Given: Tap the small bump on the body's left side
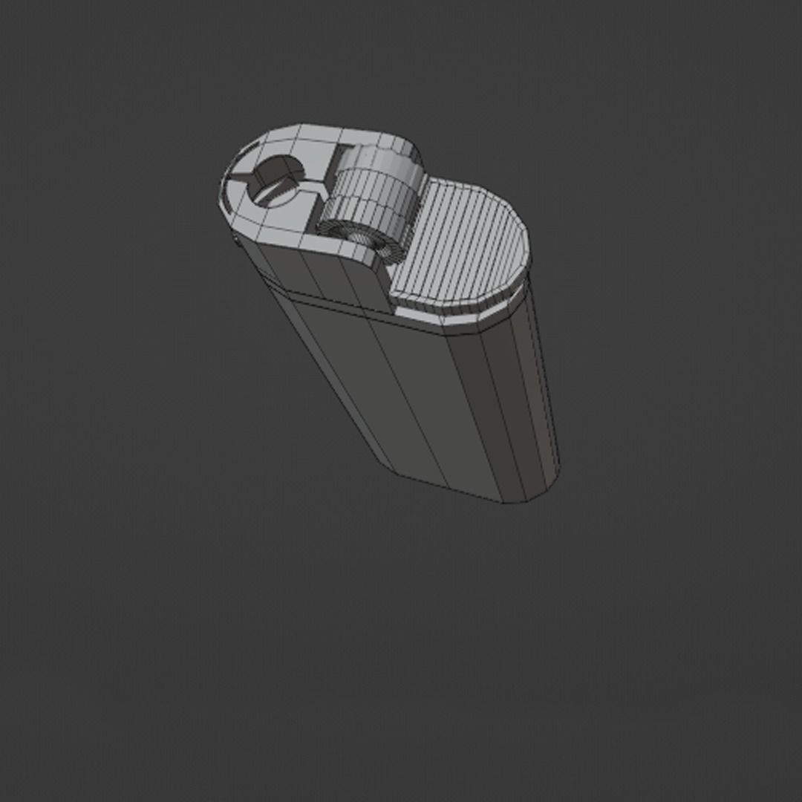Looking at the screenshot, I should click(x=235, y=239).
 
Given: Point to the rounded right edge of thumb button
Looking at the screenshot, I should click(x=524, y=245).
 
